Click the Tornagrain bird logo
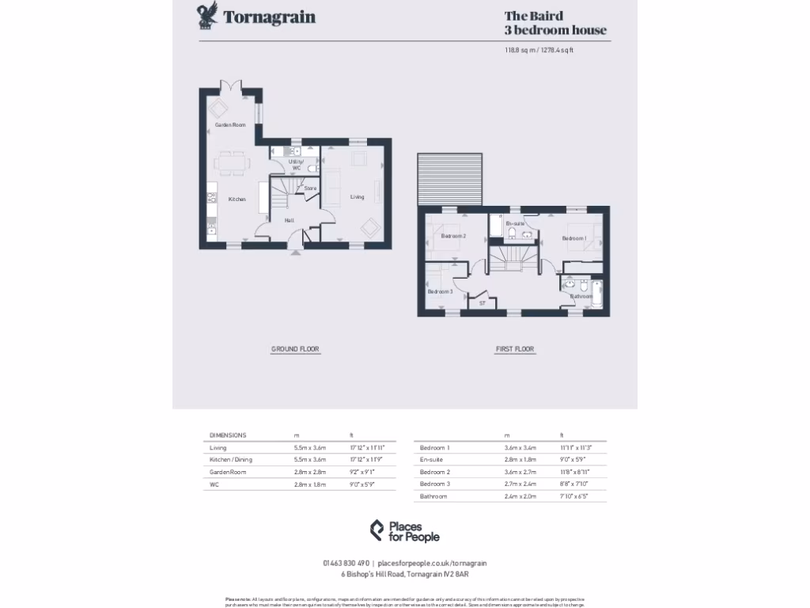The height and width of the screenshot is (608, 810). coord(208,17)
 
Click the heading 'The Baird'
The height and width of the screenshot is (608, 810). coord(534,15)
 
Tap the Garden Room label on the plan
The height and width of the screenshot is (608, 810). coord(230,125)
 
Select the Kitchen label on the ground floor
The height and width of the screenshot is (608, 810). coord(237,199)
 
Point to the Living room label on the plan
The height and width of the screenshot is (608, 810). coord(358,197)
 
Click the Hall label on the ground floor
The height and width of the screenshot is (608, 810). coord(290,220)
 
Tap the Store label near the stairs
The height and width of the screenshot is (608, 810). coord(310,188)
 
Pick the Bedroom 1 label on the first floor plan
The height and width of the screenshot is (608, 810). coord(574,237)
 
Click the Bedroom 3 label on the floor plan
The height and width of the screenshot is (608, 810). coord(440,291)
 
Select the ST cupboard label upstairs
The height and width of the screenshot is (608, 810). coord(482,302)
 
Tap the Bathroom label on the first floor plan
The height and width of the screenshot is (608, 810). coord(581,297)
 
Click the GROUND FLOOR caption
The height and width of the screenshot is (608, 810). coord(295,349)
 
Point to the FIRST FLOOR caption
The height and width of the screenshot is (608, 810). coord(515,349)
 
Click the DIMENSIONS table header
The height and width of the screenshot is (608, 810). coord(228,435)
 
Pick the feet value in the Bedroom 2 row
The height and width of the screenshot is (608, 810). coord(575,472)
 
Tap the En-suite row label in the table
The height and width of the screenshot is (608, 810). coord(431,460)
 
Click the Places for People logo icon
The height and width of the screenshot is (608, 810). coord(377,530)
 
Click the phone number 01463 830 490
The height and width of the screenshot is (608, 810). coord(346,563)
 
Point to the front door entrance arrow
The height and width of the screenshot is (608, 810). coord(297,253)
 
